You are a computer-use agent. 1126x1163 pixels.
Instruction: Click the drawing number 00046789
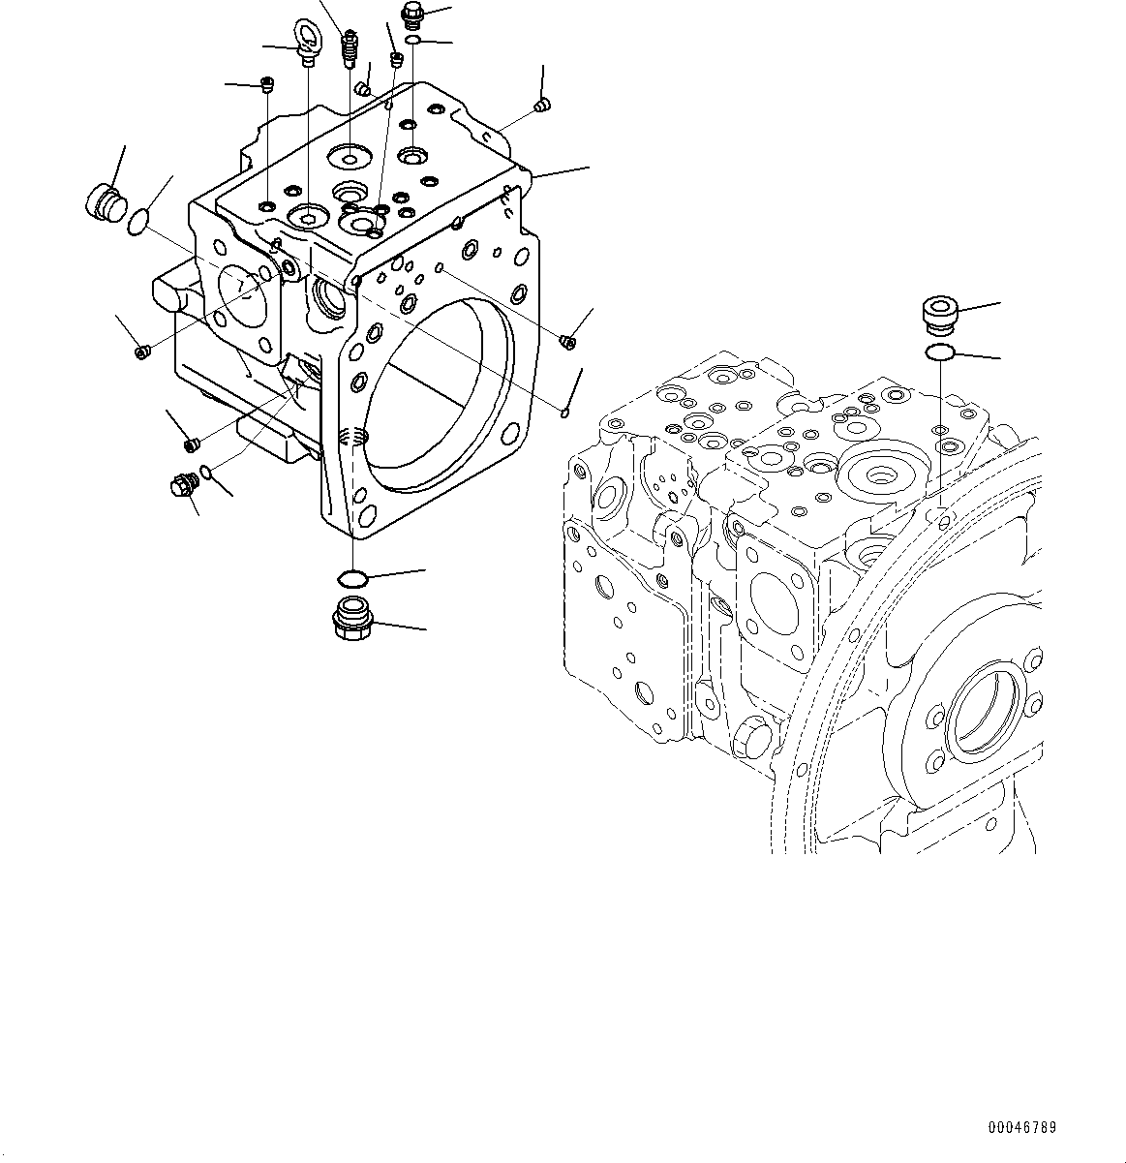(1022, 1128)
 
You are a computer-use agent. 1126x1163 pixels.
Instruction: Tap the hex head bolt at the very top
(413, 14)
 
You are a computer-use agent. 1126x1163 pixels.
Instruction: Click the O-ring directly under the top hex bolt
(413, 41)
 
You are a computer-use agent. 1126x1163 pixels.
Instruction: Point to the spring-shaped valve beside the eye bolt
(350, 48)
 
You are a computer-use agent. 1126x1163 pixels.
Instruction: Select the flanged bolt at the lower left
(182, 486)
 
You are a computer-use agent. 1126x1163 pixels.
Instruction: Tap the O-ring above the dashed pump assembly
(939, 352)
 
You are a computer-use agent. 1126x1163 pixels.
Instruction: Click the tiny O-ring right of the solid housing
(565, 414)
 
